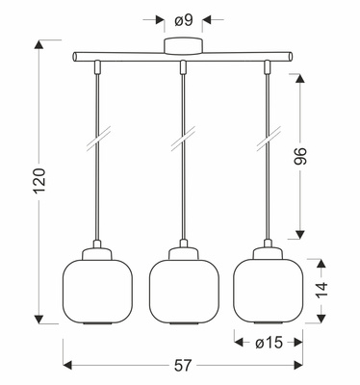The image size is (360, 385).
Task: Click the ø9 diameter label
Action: tap(183, 17)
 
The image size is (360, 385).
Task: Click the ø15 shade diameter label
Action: tap(270, 341)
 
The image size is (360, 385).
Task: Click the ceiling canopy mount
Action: tap(183, 47)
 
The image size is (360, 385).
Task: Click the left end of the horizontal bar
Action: tap(76, 60)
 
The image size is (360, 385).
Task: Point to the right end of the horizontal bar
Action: tap(289, 60)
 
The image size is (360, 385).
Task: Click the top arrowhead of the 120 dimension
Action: tap(39, 42)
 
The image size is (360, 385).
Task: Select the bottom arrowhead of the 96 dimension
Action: tap(299, 236)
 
